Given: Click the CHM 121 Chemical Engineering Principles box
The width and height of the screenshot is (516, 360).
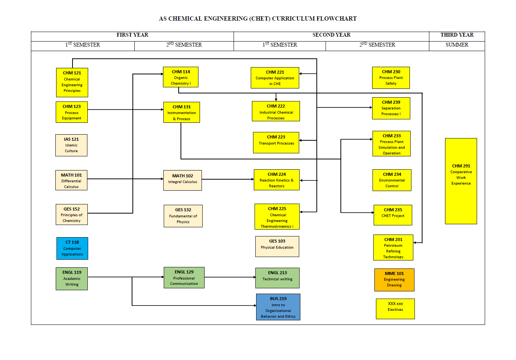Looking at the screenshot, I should [72, 82].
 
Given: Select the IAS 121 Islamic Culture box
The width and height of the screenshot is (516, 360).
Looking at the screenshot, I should [71, 145].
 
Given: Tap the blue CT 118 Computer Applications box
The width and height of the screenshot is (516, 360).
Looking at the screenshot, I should [72, 248].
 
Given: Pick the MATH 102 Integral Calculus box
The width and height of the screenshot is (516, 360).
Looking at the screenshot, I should [182, 180].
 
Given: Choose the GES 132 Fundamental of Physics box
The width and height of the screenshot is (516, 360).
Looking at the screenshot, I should [183, 216].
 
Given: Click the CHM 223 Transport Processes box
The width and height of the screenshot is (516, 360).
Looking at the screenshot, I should [276, 143].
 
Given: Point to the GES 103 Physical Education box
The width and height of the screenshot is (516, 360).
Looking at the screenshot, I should [277, 246].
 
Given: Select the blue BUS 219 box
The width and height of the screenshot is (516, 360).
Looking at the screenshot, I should [278, 307].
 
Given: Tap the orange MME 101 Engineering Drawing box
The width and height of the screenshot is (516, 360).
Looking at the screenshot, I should [394, 280].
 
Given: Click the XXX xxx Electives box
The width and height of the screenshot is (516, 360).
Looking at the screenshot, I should [395, 309].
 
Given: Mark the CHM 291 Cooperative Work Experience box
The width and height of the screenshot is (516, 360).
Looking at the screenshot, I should [461, 181].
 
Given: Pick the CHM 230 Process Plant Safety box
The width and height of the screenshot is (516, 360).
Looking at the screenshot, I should [391, 78].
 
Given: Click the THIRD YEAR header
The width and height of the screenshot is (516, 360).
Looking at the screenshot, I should [457, 35].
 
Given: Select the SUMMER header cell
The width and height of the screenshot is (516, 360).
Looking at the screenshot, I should [457, 45].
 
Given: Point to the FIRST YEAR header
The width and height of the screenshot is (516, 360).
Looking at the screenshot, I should [132, 35].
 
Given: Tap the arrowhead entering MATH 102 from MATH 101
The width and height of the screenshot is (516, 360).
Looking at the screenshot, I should [162, 179].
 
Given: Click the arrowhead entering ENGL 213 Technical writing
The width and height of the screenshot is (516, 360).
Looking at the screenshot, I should [254, 277].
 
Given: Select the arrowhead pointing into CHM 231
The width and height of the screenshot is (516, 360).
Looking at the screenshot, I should [415, 243].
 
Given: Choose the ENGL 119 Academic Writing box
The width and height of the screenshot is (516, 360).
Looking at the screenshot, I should [72, 279].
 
